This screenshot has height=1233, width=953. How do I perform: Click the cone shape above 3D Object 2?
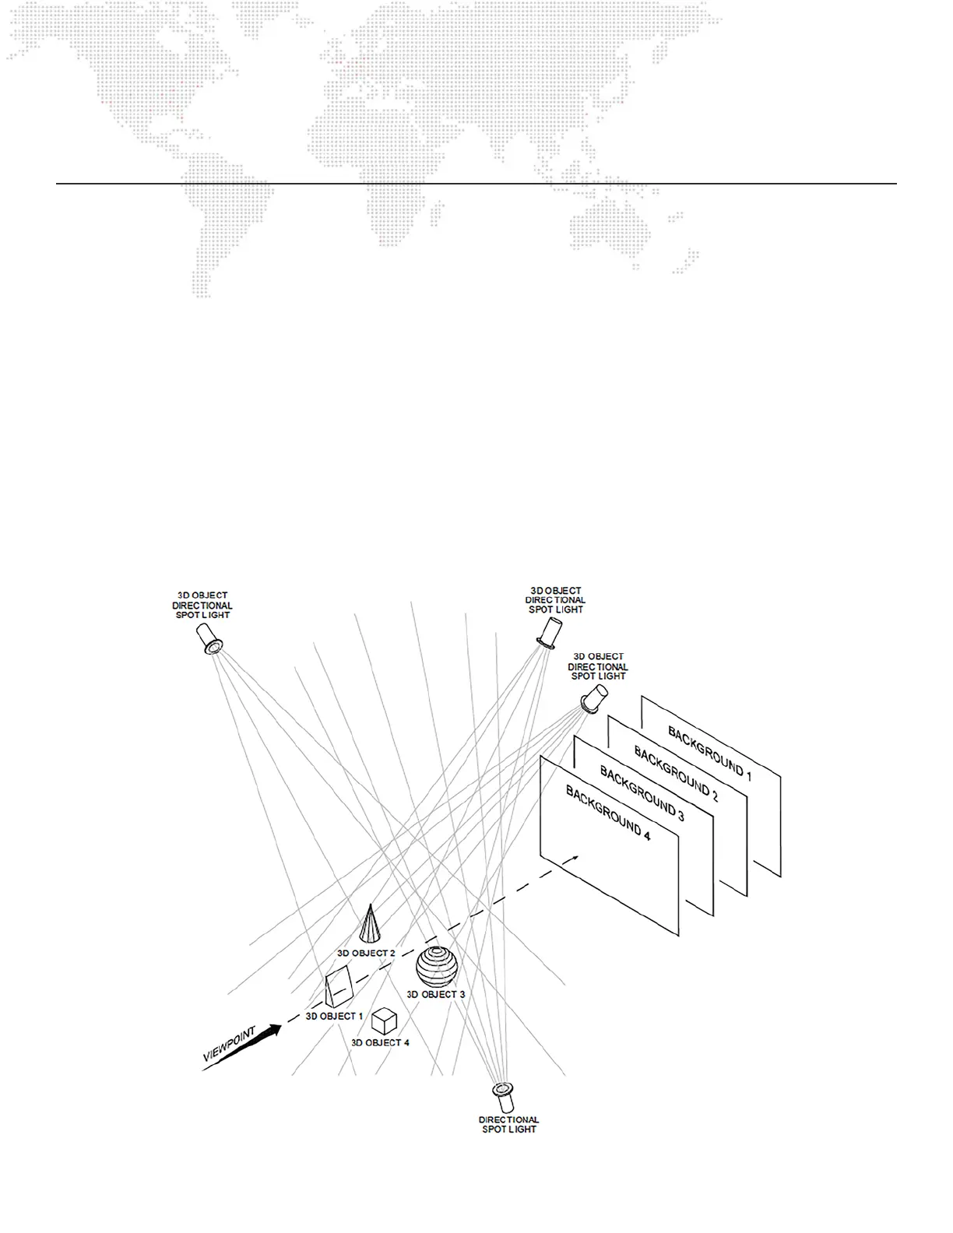tap(371, 925)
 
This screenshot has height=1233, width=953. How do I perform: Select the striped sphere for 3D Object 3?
tap(438, 967)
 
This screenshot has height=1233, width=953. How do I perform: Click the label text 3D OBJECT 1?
tap(334, 1016)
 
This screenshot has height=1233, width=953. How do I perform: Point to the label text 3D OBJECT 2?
tap(366, 953)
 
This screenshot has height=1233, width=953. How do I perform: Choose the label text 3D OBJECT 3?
tap(436, 994)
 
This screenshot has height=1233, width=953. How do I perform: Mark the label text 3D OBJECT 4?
tap(380, 1042)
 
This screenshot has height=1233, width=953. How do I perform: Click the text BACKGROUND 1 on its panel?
tap(709, 753)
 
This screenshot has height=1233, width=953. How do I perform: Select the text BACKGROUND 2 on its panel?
tap(676, 774)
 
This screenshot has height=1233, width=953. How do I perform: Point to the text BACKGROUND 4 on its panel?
tap(607, 814)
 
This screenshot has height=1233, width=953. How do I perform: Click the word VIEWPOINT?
tap(229, 1044)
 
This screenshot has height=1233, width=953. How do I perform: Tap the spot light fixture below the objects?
tap(505, 1096)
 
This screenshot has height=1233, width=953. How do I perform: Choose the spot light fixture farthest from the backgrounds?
tap(209, 638)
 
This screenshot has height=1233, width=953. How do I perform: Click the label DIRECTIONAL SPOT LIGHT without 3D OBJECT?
tap(508, 1124)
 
